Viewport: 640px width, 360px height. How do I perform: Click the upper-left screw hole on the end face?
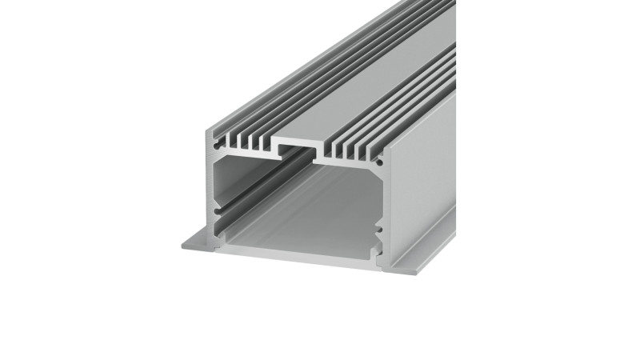pos(216,147)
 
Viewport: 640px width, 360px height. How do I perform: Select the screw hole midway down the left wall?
pos(215,192)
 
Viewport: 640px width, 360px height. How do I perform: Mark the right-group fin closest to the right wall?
pos(373,153)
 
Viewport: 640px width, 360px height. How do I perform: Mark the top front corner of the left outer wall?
pos(213,130)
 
